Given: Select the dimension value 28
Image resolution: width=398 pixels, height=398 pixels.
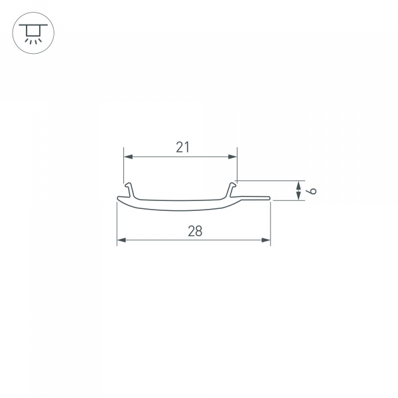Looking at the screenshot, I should click(194, 231).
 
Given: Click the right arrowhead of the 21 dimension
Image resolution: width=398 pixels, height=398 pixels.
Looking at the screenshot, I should click(233, 157).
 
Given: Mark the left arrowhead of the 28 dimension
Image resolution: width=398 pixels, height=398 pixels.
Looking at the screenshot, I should click(121, 239).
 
